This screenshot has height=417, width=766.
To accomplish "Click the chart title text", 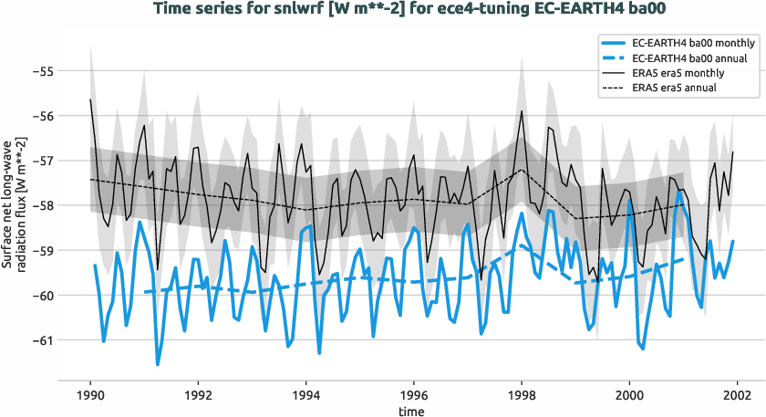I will click(383, 10).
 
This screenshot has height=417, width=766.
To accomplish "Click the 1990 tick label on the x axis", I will click(90, 395).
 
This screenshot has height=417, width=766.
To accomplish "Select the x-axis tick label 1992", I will click(198, 395).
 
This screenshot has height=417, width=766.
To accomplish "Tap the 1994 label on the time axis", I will click(305, 395).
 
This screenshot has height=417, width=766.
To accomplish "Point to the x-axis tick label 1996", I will click(414, 395).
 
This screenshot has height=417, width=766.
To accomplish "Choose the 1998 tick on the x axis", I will click(522, 395).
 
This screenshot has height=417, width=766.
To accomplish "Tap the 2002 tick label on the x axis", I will click(737, 395).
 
